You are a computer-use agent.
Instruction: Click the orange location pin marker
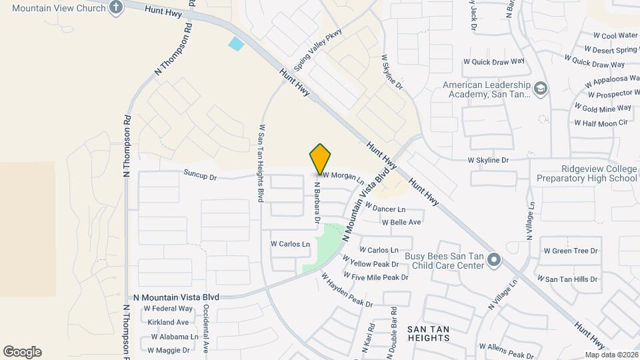(320, 159)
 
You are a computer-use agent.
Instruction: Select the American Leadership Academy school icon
(541, 89)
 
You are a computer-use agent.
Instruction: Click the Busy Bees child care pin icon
(493, 259)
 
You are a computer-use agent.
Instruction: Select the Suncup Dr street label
(200, 177)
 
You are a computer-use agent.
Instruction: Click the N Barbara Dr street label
(318, 203)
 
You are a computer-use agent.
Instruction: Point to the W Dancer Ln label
(385, 209)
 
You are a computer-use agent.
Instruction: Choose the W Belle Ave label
(401, 222)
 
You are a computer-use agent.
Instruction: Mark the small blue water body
(236, 44)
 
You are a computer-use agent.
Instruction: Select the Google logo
(22, 352)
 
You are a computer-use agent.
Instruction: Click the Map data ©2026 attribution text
(611, 355)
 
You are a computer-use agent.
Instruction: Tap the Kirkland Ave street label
(169, 322)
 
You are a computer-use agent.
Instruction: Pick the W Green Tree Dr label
(571, 251)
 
